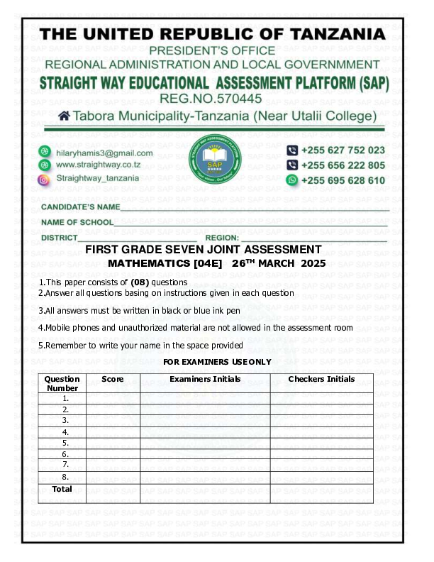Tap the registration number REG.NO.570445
coord(211,98)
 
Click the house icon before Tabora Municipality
coord(64,116)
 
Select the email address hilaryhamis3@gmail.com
coord(104,153)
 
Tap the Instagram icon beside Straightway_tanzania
coord(44,180)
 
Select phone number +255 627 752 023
coord(343,150)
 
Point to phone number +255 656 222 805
coord(343,165)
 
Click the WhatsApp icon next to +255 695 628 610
coord(291,180)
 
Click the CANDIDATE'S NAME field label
coord(80,207)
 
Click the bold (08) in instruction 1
coord(149,282)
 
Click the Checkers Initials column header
coord(321,379)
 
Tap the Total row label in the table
coord(62,489)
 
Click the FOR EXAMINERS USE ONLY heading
coord(217,362)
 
